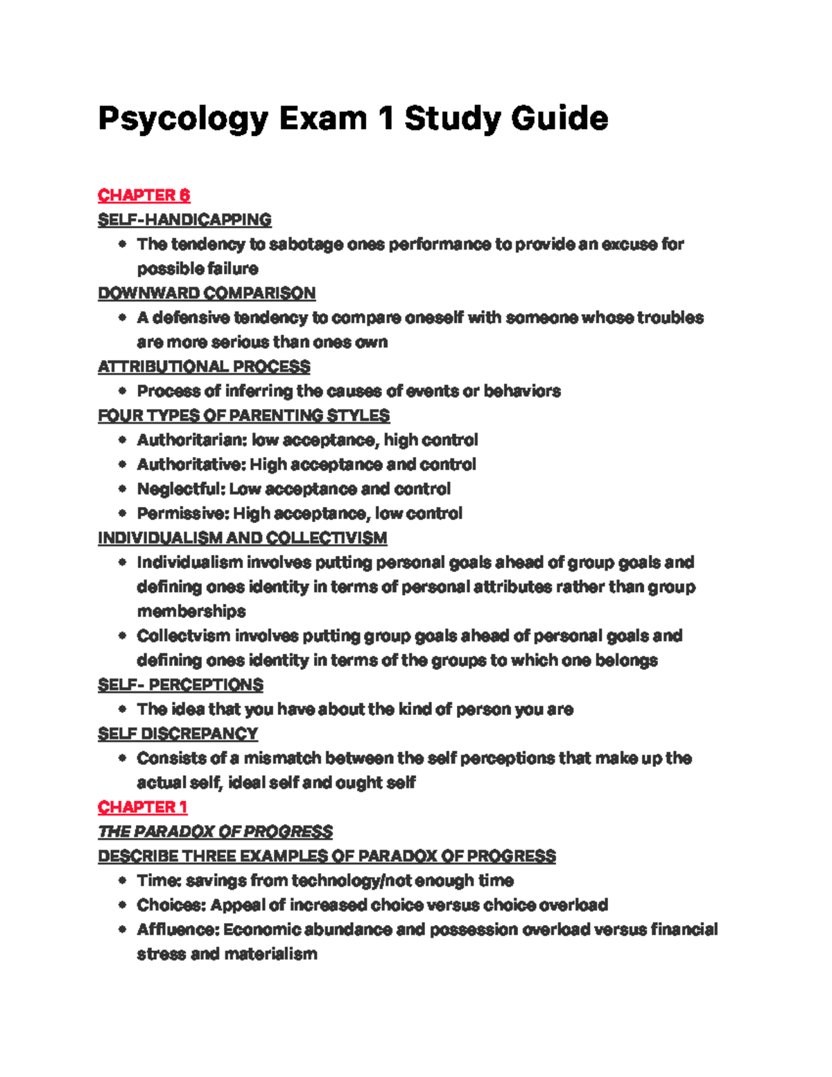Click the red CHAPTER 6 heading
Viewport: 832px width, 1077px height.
144,196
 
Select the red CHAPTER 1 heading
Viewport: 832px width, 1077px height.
142,807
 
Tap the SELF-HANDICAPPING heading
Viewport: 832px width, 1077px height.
184,220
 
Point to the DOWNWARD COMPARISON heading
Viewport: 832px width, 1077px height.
207,293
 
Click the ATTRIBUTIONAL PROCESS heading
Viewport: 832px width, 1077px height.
204,367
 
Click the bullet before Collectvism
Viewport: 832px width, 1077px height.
123,636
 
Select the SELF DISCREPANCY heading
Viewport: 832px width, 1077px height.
177,734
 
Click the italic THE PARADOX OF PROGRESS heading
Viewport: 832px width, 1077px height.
215,832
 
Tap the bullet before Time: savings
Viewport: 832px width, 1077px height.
123,881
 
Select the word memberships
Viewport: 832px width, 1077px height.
191,612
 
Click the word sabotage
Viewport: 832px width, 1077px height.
306,244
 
